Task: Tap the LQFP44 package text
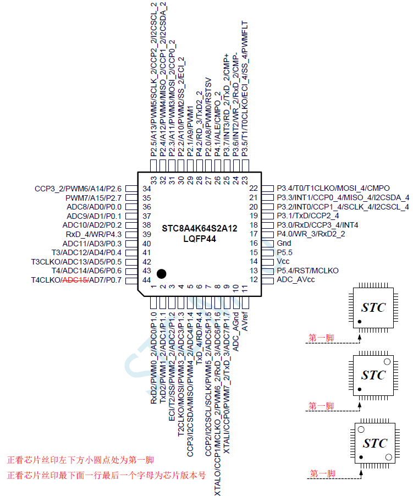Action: tap(199, 238)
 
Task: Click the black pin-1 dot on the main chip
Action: tap(161, 273)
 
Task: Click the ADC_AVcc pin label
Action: tap(296, 280)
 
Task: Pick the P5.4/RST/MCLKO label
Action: tap(307, 271)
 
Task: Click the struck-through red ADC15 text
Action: tap(75, 280)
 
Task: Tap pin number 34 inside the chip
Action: tap(147, 189)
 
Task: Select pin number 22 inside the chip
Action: tap(254, 189)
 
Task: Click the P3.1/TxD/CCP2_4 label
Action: tap(307, 216)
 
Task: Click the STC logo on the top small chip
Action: tap(373, 307)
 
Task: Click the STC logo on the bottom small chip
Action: tap(374, 443)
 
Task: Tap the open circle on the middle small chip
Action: tap(387, 362)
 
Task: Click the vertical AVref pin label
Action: tap(245, 321)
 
